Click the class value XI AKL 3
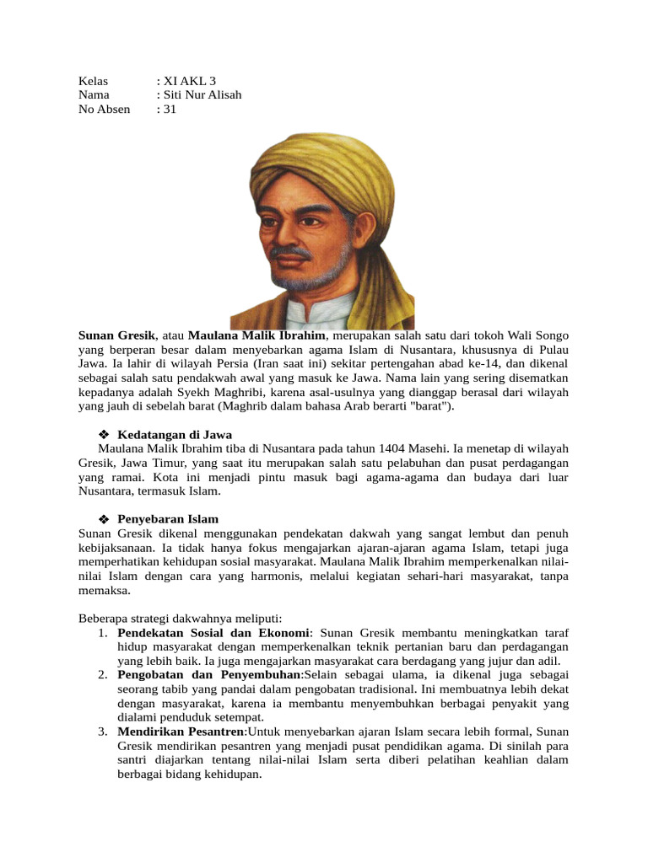pyautogui.click(x=184, y=81)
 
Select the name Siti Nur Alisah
pyautogui.click(x=202, y=94)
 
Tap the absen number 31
pyautogui.click(x=169, y=109)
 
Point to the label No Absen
pyautogui.click(x=105, y=109)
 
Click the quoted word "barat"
pyautogui.click(x=434, y=405)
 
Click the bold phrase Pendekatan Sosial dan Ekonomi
pyautogui.click(x=213, y=632)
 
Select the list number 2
pyautogui.click(x=101, y=675)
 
